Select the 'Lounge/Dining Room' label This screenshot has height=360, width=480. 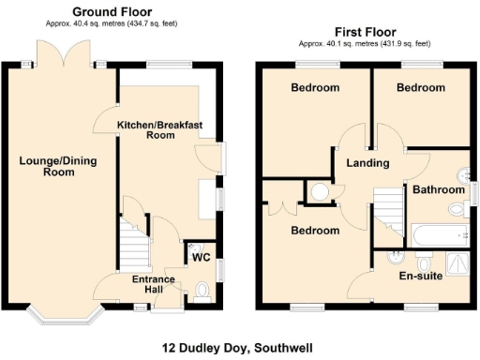click(x=58, y=166)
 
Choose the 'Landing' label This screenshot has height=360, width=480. click(x=368, y=163)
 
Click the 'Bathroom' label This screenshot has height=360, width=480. click(x=439, y=189)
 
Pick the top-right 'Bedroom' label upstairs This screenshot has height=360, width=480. click(x=419, y=87)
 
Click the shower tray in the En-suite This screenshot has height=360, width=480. click(x=455, y=262)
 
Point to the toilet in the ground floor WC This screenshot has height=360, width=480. click(x=205, y=290)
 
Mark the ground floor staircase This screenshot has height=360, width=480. click(x=135, y=242)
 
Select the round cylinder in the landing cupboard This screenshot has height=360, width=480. click(x=320, y=192)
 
